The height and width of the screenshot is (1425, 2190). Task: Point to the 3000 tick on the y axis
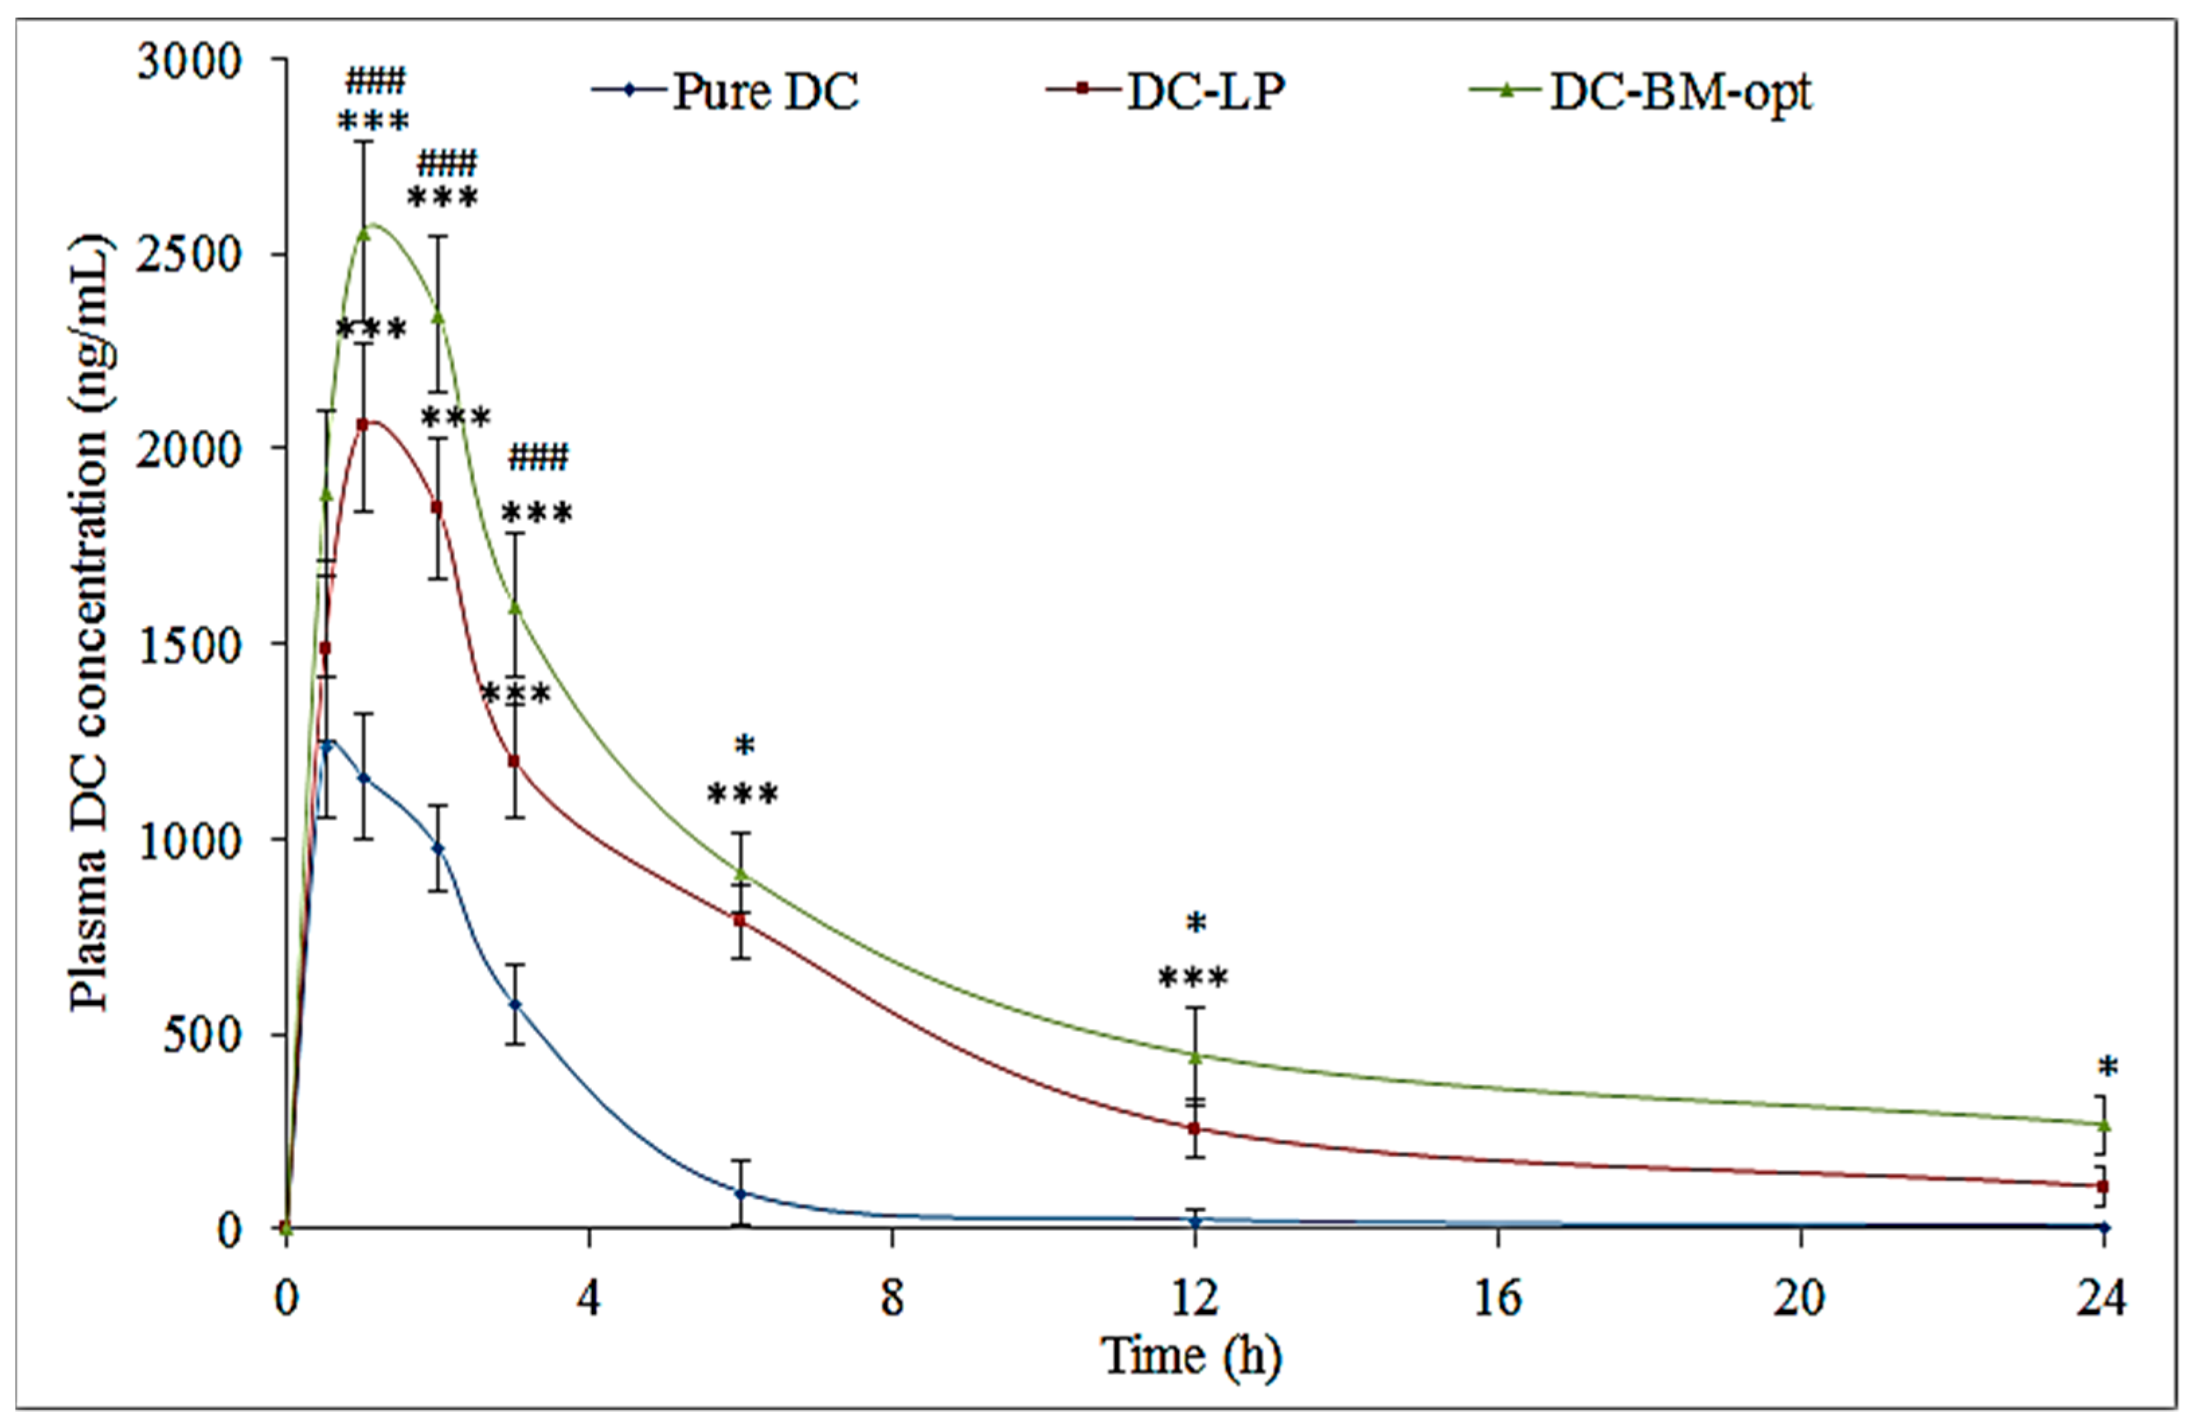tap(189, 62)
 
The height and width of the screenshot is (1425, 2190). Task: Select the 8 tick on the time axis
tap(891, 1299)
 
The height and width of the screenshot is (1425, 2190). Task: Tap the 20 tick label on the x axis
tap(1799, 1299)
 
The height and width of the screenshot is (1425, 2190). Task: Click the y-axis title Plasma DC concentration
tap(90, 626)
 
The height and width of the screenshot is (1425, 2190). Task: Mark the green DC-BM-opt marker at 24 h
tap(2103, 1125)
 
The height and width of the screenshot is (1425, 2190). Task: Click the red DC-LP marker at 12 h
tap(1194, 1127)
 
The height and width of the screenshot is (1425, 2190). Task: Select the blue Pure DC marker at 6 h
tap(741, 1193)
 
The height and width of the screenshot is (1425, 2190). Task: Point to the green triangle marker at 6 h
tap(741, 873)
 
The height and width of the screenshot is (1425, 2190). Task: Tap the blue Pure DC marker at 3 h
tap(515, 1004)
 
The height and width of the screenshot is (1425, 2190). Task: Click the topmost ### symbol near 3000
tap(374, 81)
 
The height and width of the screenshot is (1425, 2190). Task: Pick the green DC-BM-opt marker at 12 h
tap(1194, 1057)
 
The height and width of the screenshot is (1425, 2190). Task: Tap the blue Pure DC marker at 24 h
tap(2103, 1227)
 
